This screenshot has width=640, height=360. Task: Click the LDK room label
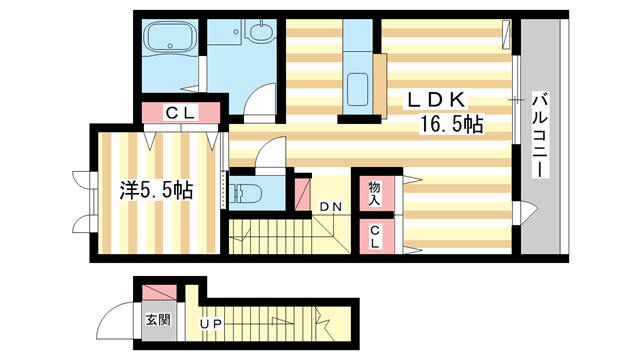click(x=436, y=100)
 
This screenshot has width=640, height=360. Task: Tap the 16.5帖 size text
click(x=451, y=124)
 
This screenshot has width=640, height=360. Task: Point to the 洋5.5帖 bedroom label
click(x=156, y=190)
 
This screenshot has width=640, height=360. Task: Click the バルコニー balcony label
click(x=540, y=135)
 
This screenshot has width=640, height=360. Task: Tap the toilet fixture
click(x=246, y=193)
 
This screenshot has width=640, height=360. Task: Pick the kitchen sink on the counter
click(x=357, y=89)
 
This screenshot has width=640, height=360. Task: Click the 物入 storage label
click(x=375, y=193)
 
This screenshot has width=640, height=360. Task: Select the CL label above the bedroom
click(x=181, y=113)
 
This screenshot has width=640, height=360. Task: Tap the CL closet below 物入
click(x=375, y=237)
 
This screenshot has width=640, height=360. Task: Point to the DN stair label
click(x=331, y=207)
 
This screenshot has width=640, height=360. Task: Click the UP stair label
click(x=211, y=324)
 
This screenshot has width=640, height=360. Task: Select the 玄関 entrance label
click(x=158, y=320)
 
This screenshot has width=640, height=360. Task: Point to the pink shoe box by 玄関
click(x=159, y=292)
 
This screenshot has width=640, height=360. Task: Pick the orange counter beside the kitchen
click(x=380, y=86)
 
